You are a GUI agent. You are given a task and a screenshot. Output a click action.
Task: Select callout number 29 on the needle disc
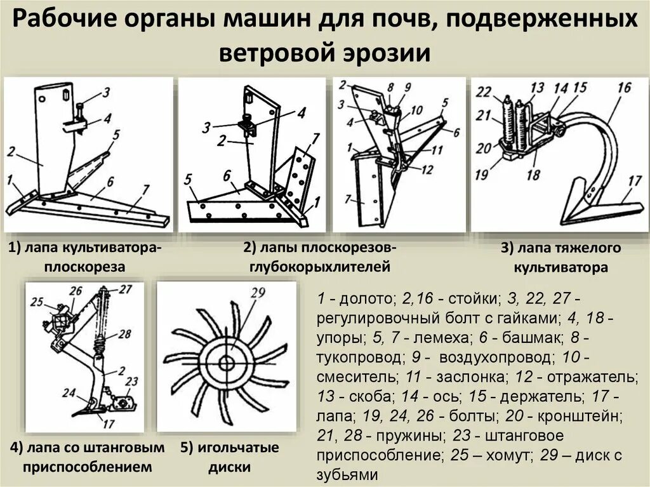(257, 293)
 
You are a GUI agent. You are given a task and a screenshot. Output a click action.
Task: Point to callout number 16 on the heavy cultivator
(623, 87)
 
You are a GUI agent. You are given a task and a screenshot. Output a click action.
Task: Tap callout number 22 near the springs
(484, 93)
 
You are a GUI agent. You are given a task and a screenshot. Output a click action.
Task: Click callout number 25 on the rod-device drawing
(36, 301)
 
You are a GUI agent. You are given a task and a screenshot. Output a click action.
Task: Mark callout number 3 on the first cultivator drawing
(105, 91)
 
